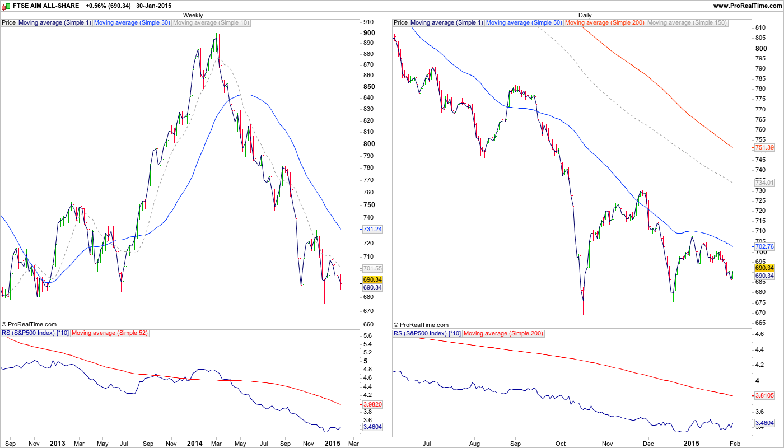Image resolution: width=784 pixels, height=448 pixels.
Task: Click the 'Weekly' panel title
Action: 193,15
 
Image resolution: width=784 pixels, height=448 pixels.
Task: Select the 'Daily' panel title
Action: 585,15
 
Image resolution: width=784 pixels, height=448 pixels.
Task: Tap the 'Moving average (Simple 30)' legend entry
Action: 132,23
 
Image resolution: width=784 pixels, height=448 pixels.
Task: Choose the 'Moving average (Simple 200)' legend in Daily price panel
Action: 605,23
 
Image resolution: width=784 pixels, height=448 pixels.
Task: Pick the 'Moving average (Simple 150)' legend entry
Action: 687,23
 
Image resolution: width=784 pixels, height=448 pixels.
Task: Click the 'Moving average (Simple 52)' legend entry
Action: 110,333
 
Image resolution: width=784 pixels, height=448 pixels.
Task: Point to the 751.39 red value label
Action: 764,147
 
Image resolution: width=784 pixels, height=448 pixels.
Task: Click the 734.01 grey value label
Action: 764,183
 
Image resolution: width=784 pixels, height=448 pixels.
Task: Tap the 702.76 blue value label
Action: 764,246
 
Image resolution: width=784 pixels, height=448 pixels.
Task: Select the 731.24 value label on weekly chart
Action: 372,230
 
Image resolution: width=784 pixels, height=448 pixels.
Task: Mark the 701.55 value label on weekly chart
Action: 372,268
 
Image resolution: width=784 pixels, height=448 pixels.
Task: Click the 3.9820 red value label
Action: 372,404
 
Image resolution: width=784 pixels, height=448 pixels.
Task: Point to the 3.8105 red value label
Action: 764,395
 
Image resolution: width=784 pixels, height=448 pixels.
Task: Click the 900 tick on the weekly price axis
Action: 369,32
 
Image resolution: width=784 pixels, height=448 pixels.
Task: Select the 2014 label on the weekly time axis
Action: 194,444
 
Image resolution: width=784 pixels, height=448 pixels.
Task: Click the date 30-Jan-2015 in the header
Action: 153,6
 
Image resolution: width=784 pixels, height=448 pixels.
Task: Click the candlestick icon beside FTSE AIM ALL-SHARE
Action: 6,6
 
